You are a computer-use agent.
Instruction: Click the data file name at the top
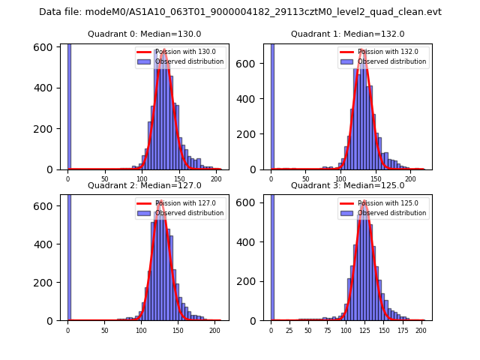pyautogui.click(x=240, y=12)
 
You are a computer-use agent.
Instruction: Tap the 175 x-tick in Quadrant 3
pyautogui.click(x=402, y=329)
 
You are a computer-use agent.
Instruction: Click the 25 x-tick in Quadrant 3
pyautogui.click(x=289, y=329)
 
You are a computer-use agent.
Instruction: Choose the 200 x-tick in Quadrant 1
pyautogui.click(x=410, y=178)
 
